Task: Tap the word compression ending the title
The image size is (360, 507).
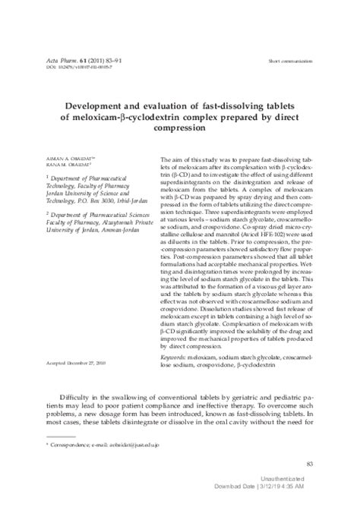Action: tap(179, 129)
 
